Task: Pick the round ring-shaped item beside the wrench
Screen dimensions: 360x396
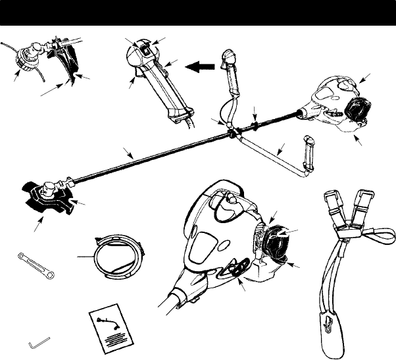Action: pos(118,255)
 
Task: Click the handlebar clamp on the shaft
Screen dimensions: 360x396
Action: pos(232,130)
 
